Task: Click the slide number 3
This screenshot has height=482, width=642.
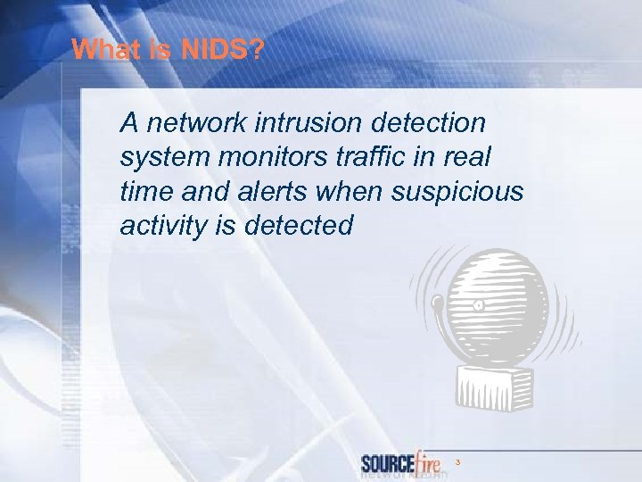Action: [x=457, y=462]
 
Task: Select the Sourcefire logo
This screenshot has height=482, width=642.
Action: [x=403, y=463]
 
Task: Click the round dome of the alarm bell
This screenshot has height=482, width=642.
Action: [x=496, y=303]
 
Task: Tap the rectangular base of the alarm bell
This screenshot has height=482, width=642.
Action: [x=496, y=389]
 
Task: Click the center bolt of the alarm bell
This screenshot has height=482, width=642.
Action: [x=479, y=304]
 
